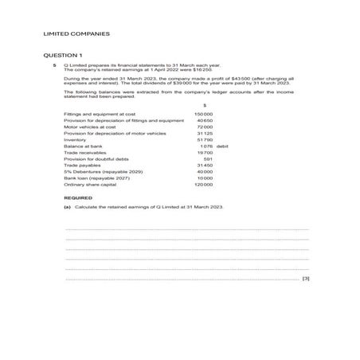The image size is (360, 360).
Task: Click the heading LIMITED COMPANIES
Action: pyautogui.click(x=76, y=34)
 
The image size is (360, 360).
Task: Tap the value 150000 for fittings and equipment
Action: pyautogui.click(x=204, y=114)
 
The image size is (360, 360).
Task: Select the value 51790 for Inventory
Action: pyautogui.click(x=205, y=139)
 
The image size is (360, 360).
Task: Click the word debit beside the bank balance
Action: pyautogui.click(x=222, y=147)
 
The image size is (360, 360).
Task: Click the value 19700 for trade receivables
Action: pyautogui.click(x=205, y=153)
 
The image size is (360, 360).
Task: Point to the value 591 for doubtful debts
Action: pyautogui.click(x=208, y=159)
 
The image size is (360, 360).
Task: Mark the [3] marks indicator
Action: pyautogui.click(x=306, y=280)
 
